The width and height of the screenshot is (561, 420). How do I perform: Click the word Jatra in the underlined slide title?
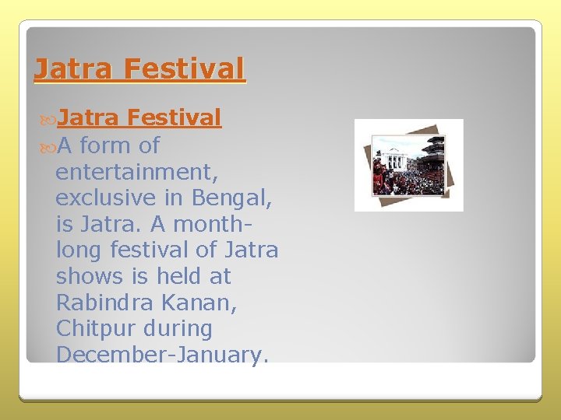[x=74, y=69]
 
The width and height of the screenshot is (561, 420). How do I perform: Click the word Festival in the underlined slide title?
[x=185, y=69]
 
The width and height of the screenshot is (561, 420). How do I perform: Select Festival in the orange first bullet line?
[x=175, y=118]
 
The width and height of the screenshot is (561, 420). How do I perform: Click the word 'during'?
[x=177, y=329]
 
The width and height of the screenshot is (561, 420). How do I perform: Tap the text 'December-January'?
[x=161, y=355]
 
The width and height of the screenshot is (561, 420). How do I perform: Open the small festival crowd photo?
[x=408, y=165]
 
